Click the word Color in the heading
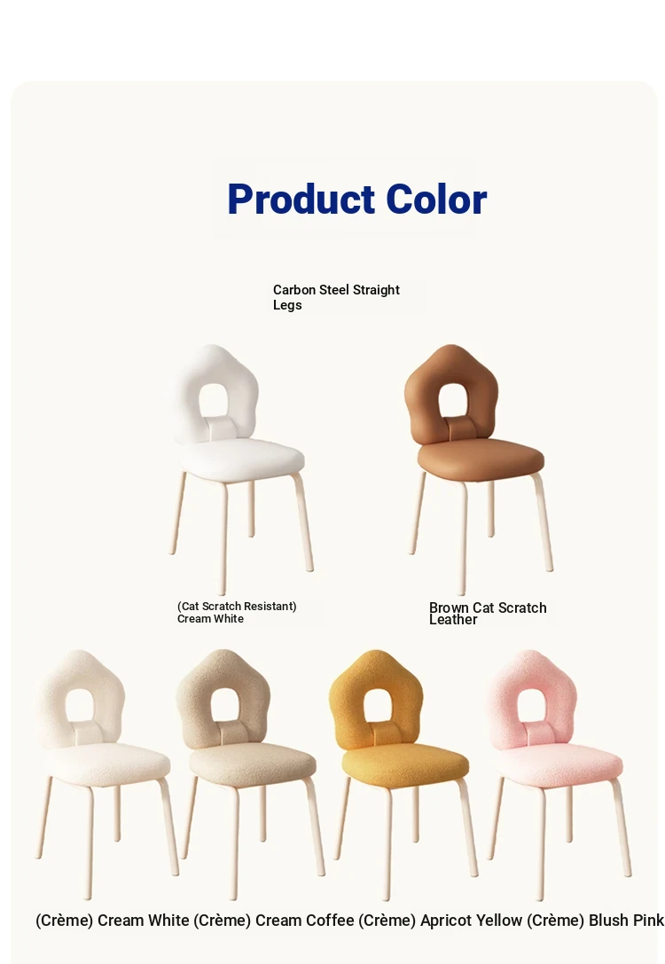(x=427, y=200)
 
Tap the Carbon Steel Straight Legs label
(x=336, y=297)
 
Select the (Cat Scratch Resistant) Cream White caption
(x=237, y=612)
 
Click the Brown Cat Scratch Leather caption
(x=488, y=614)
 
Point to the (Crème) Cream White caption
(x=113, y=921)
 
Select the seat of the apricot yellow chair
(x=405, y=764)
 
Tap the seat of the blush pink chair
(x=558, y=764)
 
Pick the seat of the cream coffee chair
(x=253, y=764)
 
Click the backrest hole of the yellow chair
(x=379, y=705)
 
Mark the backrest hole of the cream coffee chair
(x=226, y=705)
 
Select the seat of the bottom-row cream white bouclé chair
(x=107, y=764)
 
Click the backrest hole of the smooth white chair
(x=215, y=400)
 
